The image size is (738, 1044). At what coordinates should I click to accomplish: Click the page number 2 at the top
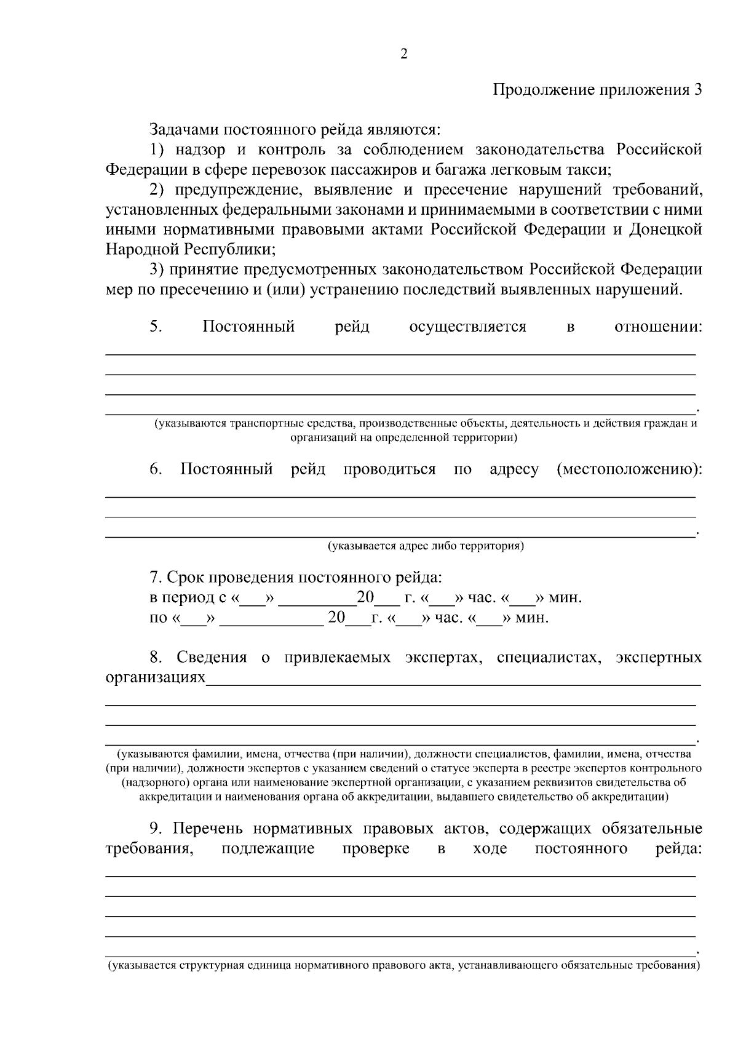(x=403, y=54)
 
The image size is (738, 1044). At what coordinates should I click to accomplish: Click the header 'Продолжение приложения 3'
(x=597, y=90)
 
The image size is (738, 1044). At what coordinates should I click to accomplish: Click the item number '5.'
(x=156, y=327)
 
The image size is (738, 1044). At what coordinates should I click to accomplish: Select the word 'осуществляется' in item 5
(x=467, y=327)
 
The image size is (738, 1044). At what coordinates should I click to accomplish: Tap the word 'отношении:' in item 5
(x=658, y=327)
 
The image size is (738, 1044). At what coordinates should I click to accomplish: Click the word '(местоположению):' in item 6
(x=629, y=469)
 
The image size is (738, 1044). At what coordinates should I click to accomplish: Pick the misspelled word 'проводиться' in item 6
(x=389, y=469)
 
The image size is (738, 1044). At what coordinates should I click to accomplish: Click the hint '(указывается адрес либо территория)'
(x=425, y=546)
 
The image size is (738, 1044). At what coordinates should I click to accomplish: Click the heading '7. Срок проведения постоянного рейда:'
(x=296, y=578)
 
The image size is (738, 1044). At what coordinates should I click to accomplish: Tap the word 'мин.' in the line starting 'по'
(x=531, y=618)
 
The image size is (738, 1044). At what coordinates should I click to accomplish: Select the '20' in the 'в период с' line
(x=365, y=597)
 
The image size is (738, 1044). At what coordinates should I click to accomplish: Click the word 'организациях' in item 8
(x=155, y=677)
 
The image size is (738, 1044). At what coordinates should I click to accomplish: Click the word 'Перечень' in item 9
(x=208, y=829)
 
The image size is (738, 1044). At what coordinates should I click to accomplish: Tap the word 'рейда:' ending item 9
(x=678, y=849)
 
